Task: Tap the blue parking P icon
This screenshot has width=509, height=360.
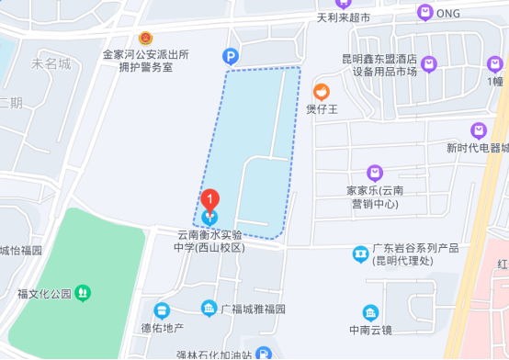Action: [x=232, y=57]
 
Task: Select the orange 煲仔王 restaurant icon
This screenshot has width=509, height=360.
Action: [x=321, y=91]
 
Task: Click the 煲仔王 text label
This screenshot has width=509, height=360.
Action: [x=322, y=108]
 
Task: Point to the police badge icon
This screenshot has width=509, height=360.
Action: [x=144, y=39]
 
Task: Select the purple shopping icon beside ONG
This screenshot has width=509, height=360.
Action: [x=424, y=12]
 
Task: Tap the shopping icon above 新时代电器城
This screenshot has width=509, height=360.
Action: [x=478, y=130]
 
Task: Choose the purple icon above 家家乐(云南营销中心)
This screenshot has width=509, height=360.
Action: [x=374, y=172]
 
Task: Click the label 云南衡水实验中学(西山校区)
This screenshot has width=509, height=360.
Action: [x=211, y=241]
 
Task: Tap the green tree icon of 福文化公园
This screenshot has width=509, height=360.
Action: [x=83, y=293]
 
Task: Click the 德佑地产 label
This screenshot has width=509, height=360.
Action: [x=162, y=328]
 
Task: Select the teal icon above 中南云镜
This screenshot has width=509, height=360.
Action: [x=369, y=312]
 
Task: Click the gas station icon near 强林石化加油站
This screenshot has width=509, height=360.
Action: [x=264, y=352]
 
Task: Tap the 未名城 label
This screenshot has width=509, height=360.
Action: [x=51, y=64]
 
